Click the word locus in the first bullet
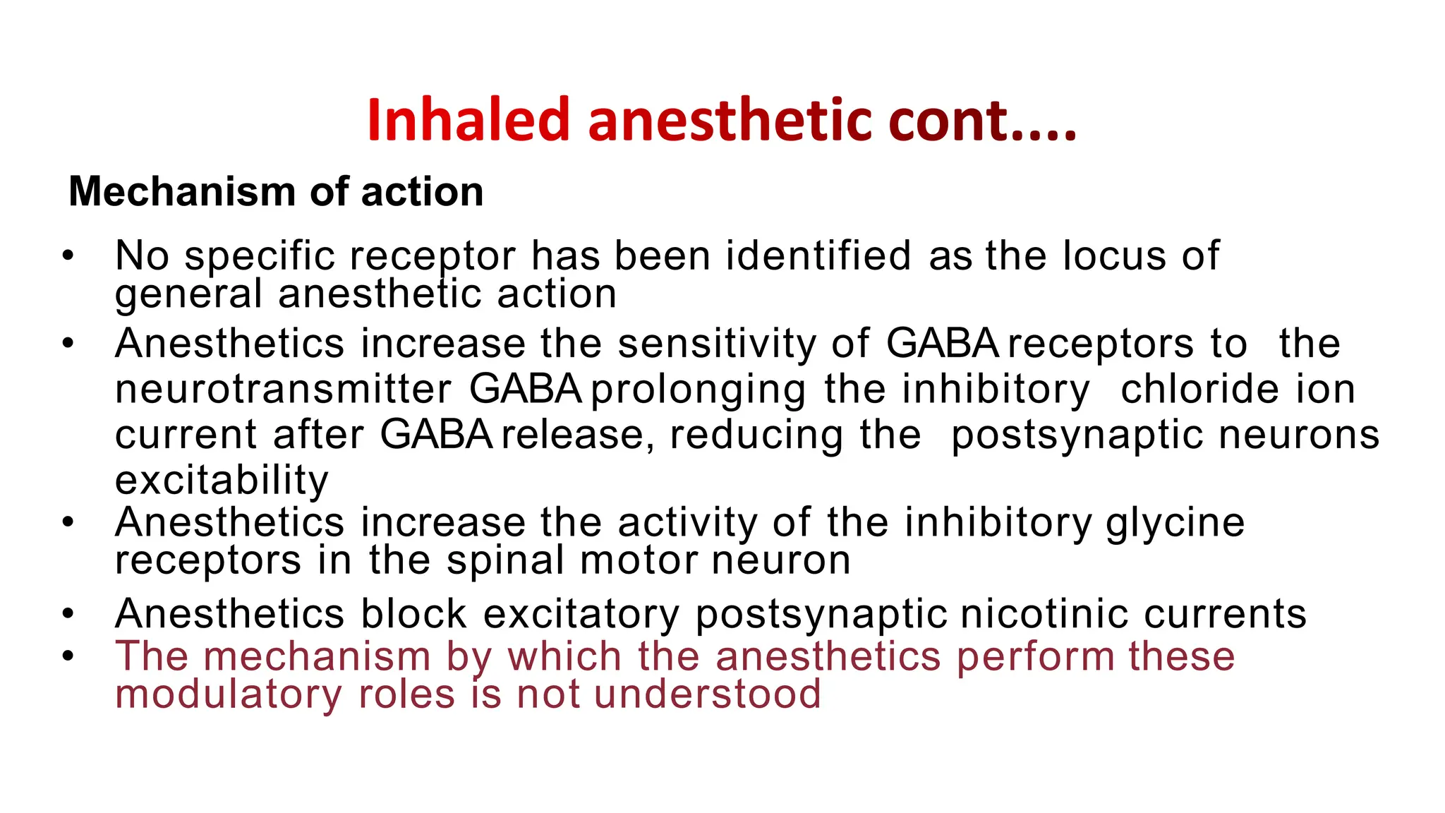coord(1114,255)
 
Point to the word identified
coord(818,255)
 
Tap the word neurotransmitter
coord(283,390)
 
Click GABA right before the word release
coord(436,435)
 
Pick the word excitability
coord(222,481)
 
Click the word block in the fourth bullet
coord(413,613)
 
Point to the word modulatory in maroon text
coord(228,694)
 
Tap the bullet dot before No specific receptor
coord(68,255)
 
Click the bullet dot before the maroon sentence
coord(68,656)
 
